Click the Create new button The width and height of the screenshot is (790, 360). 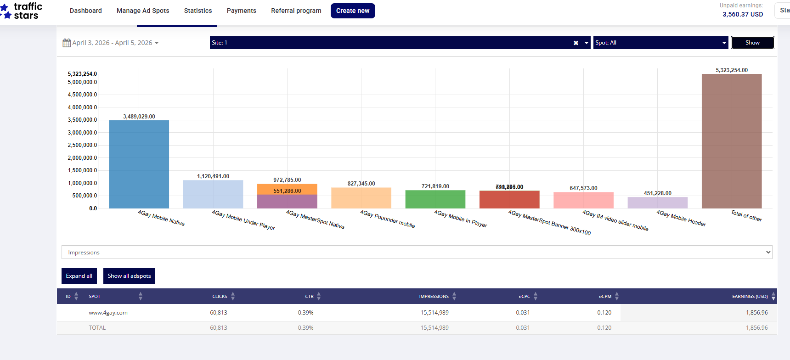click(353, 11)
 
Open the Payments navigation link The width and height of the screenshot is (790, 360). click(241, 11)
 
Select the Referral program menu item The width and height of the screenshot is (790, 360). click(296, 11)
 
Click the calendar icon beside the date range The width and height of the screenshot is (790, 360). click(67, 43)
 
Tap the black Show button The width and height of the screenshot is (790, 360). click(752, 43)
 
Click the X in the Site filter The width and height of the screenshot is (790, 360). click(576, 43)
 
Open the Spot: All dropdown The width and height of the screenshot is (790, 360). click(660, 43)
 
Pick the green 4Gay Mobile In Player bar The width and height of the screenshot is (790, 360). click(435, 199)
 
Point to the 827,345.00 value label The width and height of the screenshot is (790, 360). click(361, 184)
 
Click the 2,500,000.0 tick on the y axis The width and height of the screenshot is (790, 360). click(83, 145)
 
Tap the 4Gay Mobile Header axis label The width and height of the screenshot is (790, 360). click(681, 218)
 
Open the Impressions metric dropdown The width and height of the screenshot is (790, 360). click(417, 252)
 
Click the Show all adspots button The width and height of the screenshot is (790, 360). click(129, 276)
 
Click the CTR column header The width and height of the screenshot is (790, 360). click(309, 297)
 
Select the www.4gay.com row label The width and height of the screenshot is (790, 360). click(108, 313)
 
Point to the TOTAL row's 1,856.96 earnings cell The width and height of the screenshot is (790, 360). click(756, 328)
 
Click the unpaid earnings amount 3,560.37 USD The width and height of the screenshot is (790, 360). click(742, 14)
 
